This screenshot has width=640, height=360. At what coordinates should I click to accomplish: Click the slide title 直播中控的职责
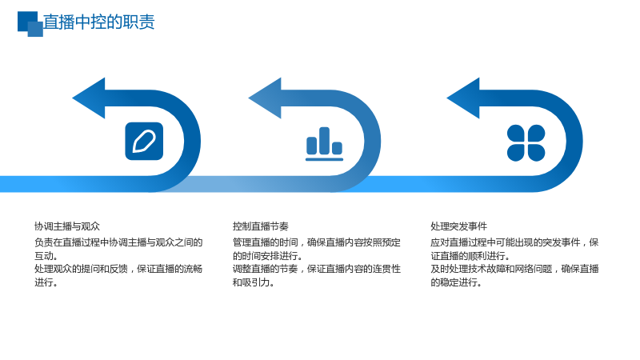coord(98,22)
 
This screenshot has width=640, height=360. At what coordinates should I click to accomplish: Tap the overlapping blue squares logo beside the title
coord(30,24)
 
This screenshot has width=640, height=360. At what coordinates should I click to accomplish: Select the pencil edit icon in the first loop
coord(144,142)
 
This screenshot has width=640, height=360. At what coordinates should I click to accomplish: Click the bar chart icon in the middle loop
coord(325,144)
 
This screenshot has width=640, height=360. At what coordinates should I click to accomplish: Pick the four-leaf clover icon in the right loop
coord(526,143)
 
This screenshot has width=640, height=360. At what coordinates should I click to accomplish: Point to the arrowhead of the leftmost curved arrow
coord(89,98)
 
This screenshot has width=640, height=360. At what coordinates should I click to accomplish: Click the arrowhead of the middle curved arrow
coord(265,98)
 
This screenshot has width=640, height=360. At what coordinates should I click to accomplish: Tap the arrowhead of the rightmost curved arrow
coord(463,98)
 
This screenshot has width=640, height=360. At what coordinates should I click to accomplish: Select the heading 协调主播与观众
coord(67,226)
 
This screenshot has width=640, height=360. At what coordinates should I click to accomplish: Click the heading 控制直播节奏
coord(261,226)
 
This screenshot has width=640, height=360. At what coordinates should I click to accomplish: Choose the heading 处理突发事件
coord(458,226)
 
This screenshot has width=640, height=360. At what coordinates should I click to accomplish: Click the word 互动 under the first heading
coord(44,256)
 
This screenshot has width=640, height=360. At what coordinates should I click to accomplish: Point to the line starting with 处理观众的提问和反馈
coord(118,269)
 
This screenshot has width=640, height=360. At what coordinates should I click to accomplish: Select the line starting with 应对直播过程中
coord(514,242)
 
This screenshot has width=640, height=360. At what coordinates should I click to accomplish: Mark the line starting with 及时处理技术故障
coord(514,269)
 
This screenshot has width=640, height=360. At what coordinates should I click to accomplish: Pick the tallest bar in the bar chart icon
coord(325,141)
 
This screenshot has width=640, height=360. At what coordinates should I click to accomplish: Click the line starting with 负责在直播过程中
coord(118,242)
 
